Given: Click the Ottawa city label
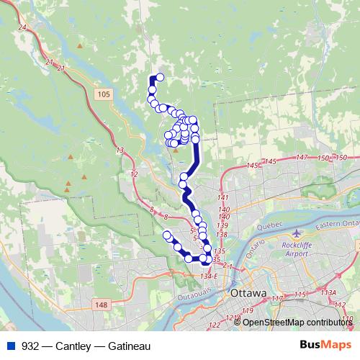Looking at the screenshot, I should coord(248,294).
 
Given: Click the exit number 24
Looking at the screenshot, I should coord(22,27).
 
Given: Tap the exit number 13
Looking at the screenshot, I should coord(120,150).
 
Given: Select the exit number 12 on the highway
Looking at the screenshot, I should coord(133,174).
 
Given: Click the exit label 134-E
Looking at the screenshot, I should coord(210,276).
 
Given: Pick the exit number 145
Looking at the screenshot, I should coord(252,166).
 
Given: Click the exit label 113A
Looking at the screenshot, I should coord(328,292).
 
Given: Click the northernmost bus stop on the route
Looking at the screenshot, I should coord(160,77).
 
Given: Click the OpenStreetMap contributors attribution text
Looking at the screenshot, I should coord(297,322).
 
